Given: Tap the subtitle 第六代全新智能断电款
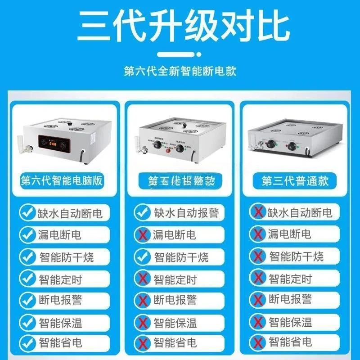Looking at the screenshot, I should click(x=180, y=71).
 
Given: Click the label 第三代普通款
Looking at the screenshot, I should click(x=295, y=181).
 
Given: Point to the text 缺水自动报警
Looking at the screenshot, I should click(x=186, y=212).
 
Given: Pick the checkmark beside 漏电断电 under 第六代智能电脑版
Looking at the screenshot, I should click(x=28, y=234).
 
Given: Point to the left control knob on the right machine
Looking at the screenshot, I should click(x=272, y=145).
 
